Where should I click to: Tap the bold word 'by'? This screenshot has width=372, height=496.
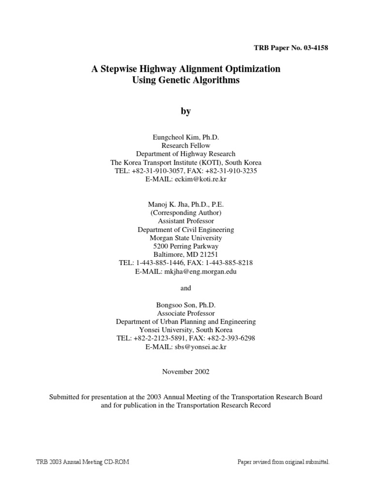pos(186,111)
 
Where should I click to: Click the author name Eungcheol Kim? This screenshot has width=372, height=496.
pos(174,138)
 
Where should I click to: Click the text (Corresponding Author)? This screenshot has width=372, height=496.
pos(186,213)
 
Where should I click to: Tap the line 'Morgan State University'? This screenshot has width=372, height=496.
pos(186,238)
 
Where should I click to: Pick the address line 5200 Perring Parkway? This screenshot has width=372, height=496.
pos(186,246)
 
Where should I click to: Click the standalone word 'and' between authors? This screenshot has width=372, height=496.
pos(186,288)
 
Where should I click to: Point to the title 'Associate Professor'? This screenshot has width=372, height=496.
pos(186,313)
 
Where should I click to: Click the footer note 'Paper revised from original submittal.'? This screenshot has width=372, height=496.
pos(283,462)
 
